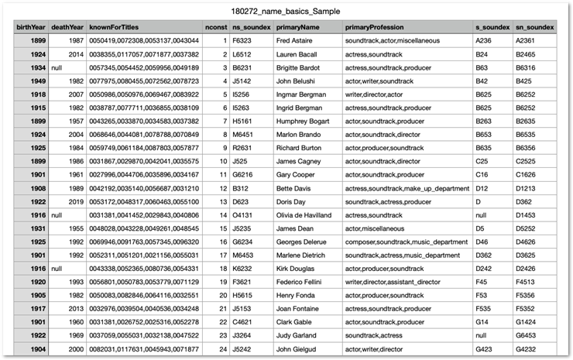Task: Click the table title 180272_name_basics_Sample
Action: (x=286, y=12)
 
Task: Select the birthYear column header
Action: (x=32, y=27)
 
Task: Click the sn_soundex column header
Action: (x=535, y=27)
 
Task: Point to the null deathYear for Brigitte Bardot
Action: (x=57, y=67)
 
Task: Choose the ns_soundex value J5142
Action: (x=244, y=80)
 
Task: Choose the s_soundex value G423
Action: (x=484, y=349)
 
